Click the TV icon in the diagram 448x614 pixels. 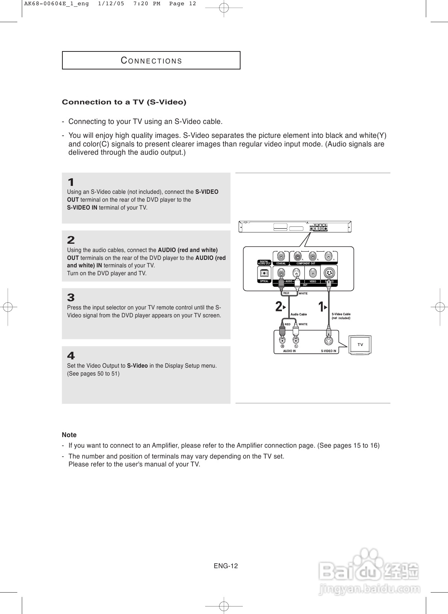(x=360, y=344)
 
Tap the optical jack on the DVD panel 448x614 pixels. (x=264, y=273)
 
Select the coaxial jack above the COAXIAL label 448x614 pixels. (x=281, y=257)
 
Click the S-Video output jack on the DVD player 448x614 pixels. (x=329, y=273)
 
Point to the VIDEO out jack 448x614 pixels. (x=313, y=273)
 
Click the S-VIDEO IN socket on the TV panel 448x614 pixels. (x=328, y=341)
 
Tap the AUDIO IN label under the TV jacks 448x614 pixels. (x=289, y=351)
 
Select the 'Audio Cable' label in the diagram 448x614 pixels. (x=298, y=314)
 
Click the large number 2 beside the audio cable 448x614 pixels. (x=278, y=307)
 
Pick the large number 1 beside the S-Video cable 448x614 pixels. (x=321, y=307)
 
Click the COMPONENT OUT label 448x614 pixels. (x=306, y=264)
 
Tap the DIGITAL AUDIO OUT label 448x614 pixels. (x=264, y=262)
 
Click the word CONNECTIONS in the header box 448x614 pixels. (x=151, y=61)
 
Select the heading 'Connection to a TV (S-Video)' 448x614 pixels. (x=124, y=102)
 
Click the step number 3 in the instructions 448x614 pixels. (x=71, y=298)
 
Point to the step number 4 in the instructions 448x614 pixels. (x=71, y=356)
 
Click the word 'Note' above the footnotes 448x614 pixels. (x=69, y=435)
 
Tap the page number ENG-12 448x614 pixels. (x=226, y=566)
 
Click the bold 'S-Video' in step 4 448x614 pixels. (x=137, y=366)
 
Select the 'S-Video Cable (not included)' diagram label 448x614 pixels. (x=341, y=316)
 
